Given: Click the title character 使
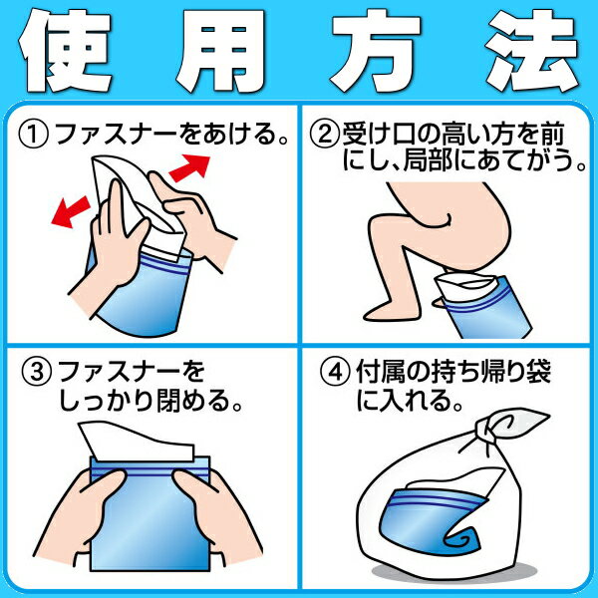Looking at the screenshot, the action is (65, 51).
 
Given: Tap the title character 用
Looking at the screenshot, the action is (221, 51).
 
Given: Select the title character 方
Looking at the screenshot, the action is (377, 51).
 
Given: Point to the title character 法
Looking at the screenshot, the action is (533, 51).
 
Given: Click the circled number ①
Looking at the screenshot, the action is (34, 135).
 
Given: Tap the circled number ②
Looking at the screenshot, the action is (324, 135).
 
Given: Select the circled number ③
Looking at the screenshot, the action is (36, 372).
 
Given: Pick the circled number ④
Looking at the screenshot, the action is (335, 372).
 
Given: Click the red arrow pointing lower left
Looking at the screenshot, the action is (71, 211).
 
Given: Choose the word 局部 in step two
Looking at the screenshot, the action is (430, 160).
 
